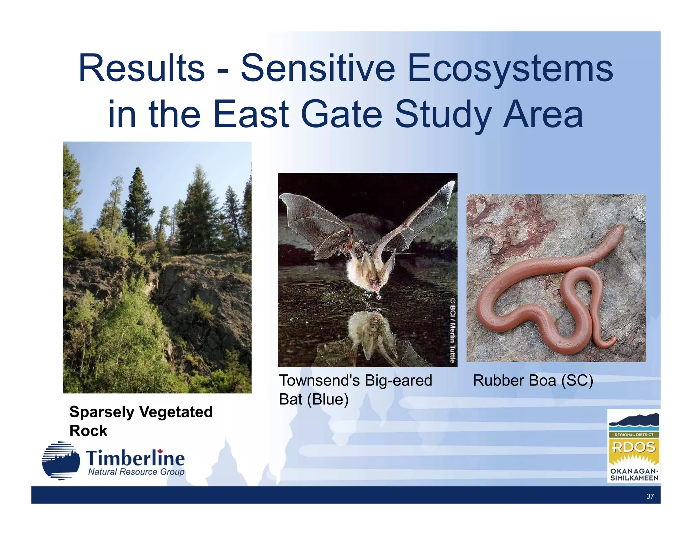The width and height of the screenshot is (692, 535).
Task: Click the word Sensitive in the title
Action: coord(317,69)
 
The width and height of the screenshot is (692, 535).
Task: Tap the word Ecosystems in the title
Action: coord(510,69)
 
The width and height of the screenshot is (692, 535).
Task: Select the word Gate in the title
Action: coord(341,114)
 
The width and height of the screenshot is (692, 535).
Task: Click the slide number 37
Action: coord(650,496)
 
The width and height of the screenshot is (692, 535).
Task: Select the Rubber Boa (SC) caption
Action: coord(533,380)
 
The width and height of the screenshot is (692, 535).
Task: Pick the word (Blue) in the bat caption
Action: coord(327,399)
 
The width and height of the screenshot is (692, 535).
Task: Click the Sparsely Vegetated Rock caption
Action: coord(141,421)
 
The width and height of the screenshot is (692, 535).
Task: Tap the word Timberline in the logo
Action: coord(135,459)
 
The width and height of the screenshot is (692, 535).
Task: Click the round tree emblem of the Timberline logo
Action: coord(61,461)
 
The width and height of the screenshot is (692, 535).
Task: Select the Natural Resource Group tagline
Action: coord(136,472)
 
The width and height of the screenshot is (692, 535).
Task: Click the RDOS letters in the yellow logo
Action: coord(634,447)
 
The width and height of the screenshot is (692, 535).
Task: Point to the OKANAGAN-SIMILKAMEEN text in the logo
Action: coord(634,474)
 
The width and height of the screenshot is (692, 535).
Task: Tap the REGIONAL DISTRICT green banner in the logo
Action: coord(634,435)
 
